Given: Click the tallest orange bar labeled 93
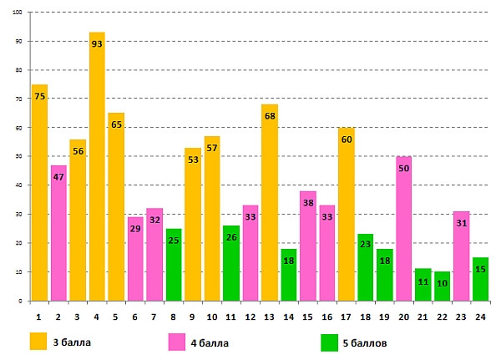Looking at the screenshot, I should tap(97, 167).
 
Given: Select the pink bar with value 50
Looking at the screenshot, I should tap(403, 230).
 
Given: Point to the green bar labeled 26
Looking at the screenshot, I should tap(230, 263).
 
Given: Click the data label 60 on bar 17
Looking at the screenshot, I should tap(346, 139).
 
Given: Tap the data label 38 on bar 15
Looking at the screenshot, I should tap(307, 203).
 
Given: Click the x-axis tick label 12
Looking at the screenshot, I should tap(250, 317).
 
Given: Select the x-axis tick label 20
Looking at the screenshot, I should tap(403, 317).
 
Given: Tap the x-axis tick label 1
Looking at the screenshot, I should tap(39, 317).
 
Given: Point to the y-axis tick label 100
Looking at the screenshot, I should tap(18, 13).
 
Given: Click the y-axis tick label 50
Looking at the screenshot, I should tap(20, 156).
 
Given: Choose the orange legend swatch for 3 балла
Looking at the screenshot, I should tap(38, 341).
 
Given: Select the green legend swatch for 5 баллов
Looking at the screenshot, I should tap(329, 341).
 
